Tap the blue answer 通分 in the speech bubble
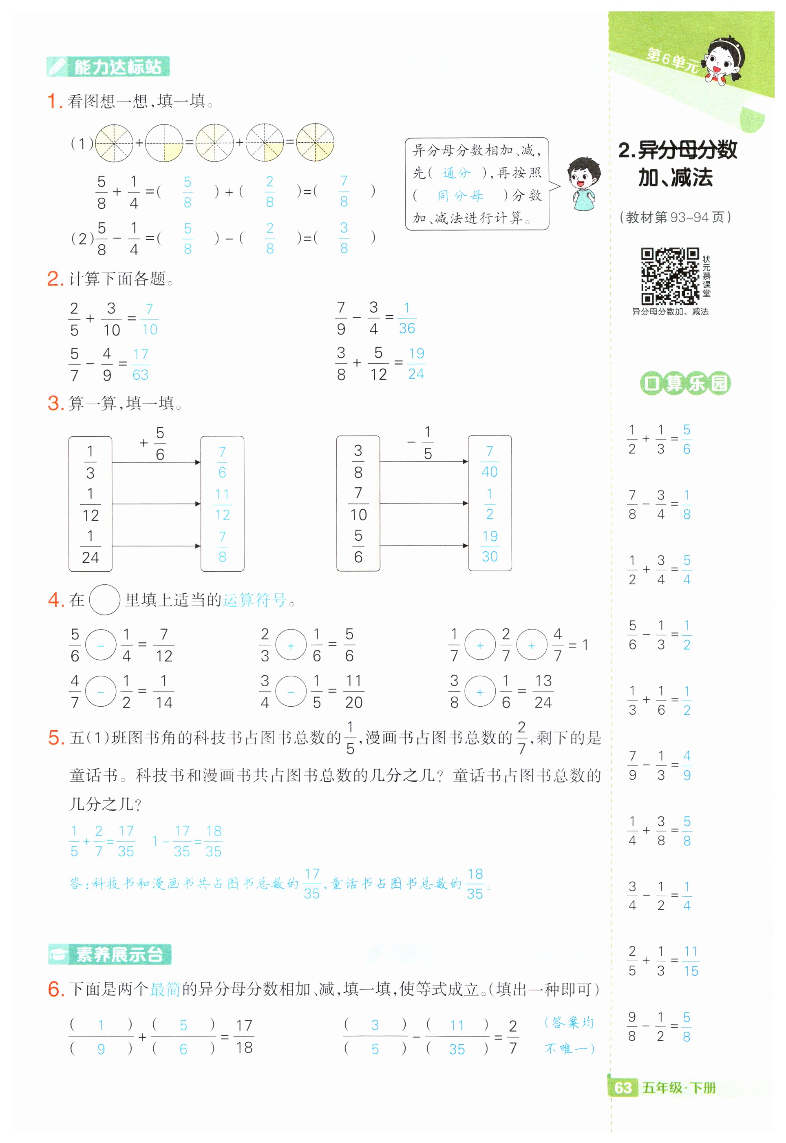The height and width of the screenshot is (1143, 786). (456, 173)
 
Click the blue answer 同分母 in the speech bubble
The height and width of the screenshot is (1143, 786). (460, 196)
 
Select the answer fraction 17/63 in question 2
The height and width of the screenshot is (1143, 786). (140, 365)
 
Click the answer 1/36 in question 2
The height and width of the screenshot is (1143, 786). (407, 318)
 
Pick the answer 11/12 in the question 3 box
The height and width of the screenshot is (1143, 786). (222, 504)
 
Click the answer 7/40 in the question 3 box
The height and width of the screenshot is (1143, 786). (490, 462)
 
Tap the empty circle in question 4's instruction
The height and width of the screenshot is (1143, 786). (104, 599)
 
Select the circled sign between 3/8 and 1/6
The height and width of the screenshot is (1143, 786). (480, 692)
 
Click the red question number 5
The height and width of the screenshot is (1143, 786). (56, 738)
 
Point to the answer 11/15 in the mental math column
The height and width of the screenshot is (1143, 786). (691, 961)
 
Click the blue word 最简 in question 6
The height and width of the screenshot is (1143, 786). (165, 989)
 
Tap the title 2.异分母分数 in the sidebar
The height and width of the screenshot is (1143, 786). (677, 150)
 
